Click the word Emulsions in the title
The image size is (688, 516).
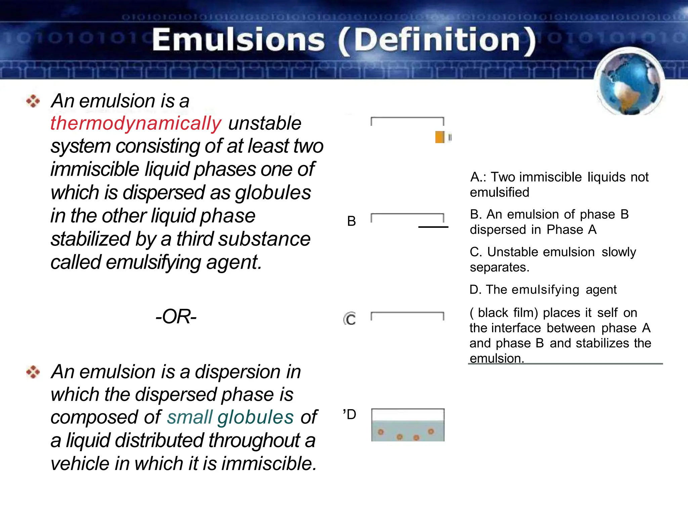point(239,40)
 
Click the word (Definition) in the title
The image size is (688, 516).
point(437,41)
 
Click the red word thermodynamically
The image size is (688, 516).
point(136,123)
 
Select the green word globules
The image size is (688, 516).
point(255,417)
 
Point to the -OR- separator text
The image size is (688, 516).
point(176,316)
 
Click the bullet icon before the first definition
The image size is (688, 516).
point(33,101)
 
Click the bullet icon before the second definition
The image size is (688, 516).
point(33,372)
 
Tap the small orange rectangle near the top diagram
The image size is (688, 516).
point(440,137)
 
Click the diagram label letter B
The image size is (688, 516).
point(351,221)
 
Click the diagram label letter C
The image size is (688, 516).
point(350,319)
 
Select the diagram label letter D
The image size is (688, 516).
point(351,415)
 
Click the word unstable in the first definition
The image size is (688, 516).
point(265,123)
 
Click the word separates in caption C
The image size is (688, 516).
point(499,267)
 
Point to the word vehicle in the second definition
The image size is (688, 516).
point(80,464)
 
